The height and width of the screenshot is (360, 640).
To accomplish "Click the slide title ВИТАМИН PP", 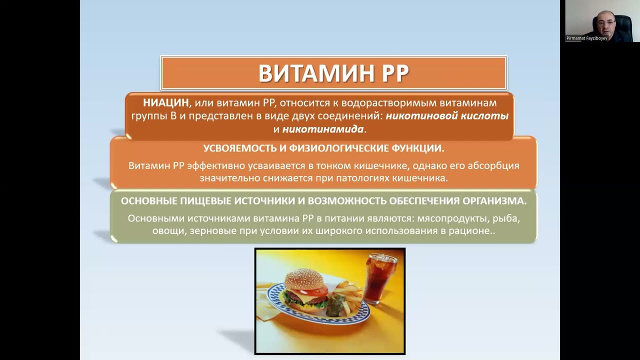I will (333, 73).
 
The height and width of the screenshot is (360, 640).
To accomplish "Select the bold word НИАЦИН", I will (166, 103).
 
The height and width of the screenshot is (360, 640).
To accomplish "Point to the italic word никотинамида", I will (322, 129).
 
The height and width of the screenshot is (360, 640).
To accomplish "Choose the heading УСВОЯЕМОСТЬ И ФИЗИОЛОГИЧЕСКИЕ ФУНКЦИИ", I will (323, 148).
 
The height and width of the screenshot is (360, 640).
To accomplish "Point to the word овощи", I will (169, 231).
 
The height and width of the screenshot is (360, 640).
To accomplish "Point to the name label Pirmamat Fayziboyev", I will (587, 38).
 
